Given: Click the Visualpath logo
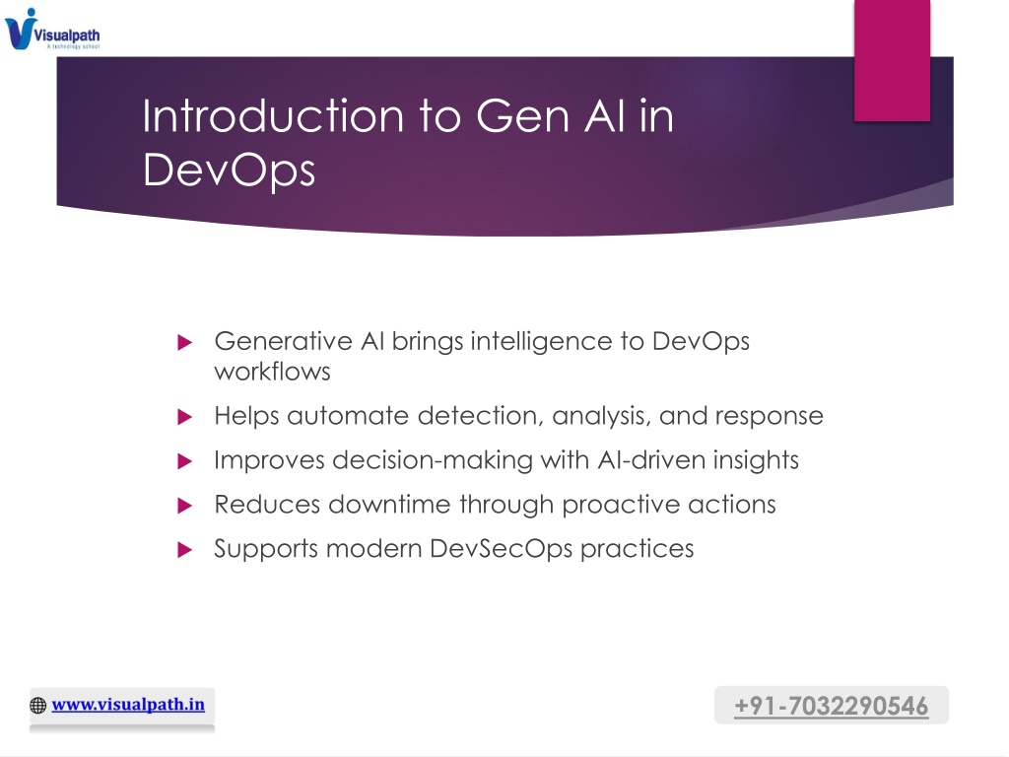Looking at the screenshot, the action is coord(52,29).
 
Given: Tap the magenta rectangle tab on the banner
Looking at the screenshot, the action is coord(892,60).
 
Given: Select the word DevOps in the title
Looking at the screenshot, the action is coord(229,171).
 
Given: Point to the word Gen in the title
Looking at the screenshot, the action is coord(522,116).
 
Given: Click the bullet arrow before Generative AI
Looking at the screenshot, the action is coord(184,342).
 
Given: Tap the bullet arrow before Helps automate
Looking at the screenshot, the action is coord(184,417).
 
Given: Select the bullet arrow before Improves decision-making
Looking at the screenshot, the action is coord(184,461).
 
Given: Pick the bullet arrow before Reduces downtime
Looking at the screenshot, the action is coord(184,506).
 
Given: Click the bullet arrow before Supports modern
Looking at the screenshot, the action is coord(184,550).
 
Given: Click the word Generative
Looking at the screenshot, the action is coord(283,341).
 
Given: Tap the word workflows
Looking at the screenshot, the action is coord(272,372).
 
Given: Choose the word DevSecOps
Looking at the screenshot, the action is coord(501,549).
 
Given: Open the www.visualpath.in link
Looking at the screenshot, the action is coord(128,704).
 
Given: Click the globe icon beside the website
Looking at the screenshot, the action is coord(38,706).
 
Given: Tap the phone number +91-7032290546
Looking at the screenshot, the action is coord(832,706).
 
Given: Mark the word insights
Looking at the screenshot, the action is coord(756,461).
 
